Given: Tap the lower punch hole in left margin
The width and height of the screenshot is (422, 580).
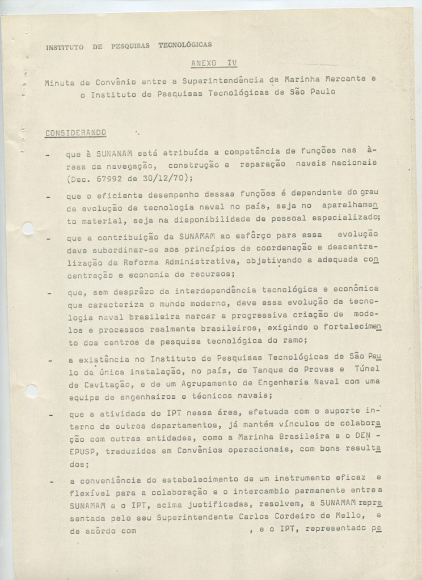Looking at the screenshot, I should [x=32, y=389].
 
